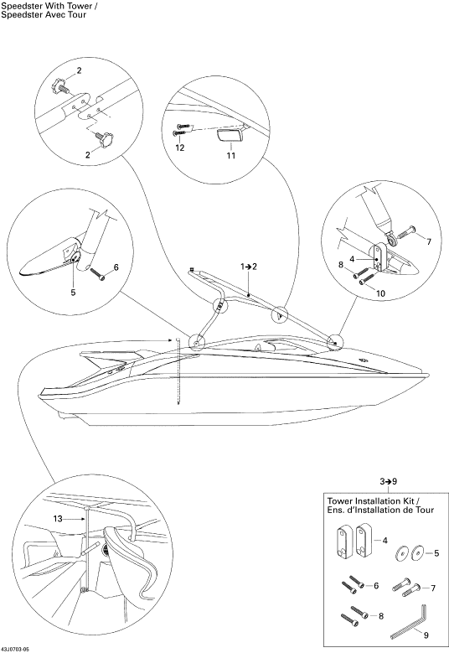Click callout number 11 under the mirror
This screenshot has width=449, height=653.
pyautogui.click(x=231, y=155)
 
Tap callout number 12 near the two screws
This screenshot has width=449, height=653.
pyautogui.click(x=180, y=148)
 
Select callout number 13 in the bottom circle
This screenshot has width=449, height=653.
pyautogui.click(x=58, y=519)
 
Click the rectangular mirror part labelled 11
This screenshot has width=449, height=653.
pyautogui.click(x=229, y=136)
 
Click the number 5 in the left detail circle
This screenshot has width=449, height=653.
pyautogui.click(x=73, y=293)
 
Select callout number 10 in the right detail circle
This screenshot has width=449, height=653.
pyautogui.click(x=380, y=293)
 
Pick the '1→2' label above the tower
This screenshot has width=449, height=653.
pyautogui.click(x=249, y=267)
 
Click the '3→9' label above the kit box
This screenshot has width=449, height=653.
pyautogui.click(x=388, y=481)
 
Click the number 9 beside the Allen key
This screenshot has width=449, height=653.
pyautogui.click(x=426, y=635)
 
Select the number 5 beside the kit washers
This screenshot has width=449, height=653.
pyautogui.click(x=436, y=553)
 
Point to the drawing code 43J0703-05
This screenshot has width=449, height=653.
pyautogui.click(x=15, y=650)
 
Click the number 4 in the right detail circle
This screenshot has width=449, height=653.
pyautogui.click(x=352, y=259)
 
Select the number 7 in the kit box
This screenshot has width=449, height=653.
pyautogui.click(x=433, y=588)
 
